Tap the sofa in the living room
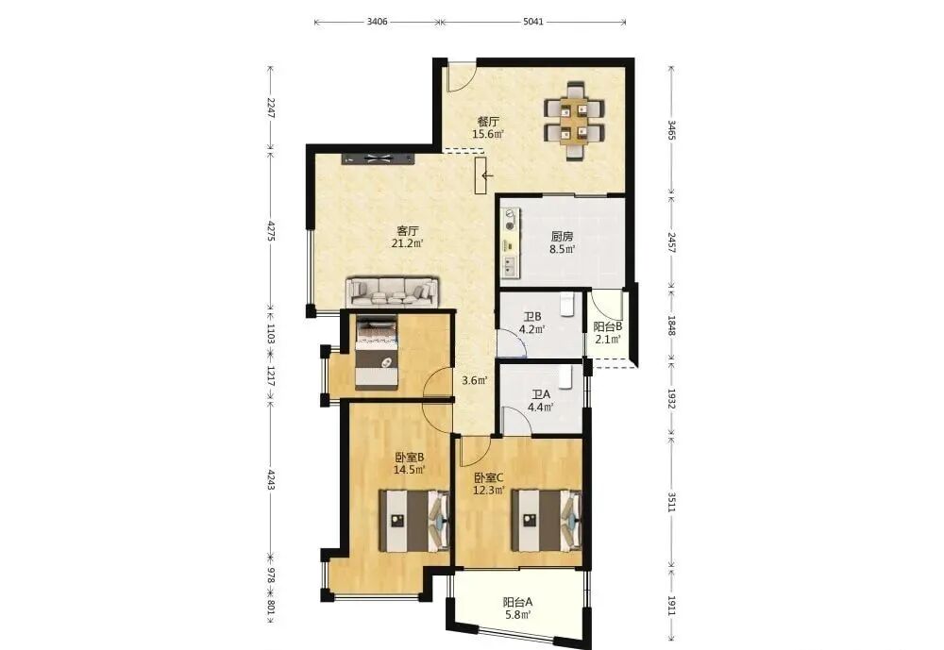click(x=392, y=292)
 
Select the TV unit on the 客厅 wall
click(x=379, y=158)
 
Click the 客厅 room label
click(x=408, y=230)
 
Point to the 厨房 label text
click(x=562, y=237)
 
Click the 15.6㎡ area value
click(x=488, y=134)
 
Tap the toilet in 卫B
click(x=567, y=305)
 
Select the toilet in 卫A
click(x=565, y=376)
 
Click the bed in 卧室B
click(x=414, y=521)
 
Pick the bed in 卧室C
click(x=547, y=520)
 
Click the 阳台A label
click(x=517, y=601)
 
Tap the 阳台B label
click(x=607, y=326)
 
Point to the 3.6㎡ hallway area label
click(x=475, y=380)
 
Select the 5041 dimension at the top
click(x=532, y=22)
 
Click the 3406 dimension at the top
click(x=377, y=22)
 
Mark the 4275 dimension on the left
click(x=271, y=231)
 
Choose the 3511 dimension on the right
click(x=671, y=501)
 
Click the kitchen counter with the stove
click(x=511, y=243)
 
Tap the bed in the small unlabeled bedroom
click(x=377, y=353)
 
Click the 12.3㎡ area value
click(x=488, y=490)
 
